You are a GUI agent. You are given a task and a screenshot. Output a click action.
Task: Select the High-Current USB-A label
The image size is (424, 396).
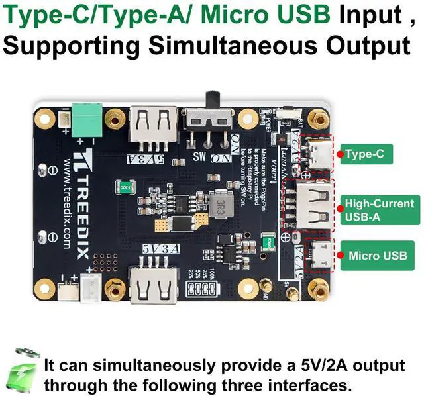pyautogui.click(x=379, y=209)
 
